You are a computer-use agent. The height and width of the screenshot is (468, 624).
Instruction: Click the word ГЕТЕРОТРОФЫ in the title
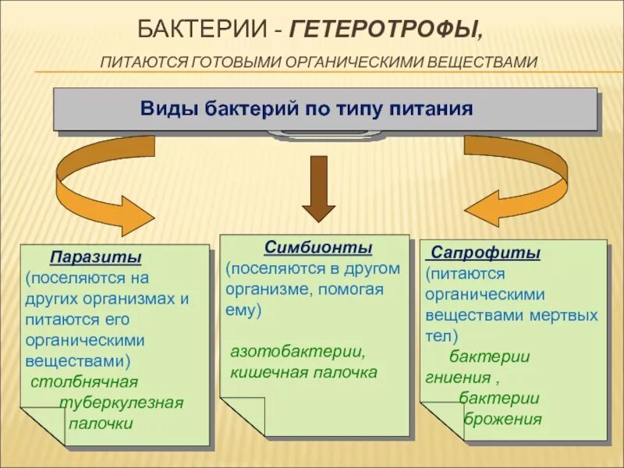pyautogui.click(x=385, y=30)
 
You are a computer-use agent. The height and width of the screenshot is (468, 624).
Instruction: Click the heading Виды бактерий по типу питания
pyautogui.click(x=307, y=108)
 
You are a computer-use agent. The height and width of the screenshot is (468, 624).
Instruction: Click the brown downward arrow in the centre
pyautogui.click(x=318, y=188)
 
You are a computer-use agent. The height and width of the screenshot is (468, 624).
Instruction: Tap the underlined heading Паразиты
pyautogui.click(x=96, y=257)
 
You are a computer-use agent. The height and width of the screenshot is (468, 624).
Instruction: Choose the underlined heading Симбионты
pyautogui.click(x=318, y=247)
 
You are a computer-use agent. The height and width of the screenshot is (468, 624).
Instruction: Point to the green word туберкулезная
pyautogui.click(x=122, y=402)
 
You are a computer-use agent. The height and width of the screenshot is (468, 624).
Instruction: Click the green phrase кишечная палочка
pyautogui.click(x=303, y=372)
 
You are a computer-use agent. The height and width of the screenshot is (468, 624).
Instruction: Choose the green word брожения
pyautogui.click(x=503, y=420)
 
